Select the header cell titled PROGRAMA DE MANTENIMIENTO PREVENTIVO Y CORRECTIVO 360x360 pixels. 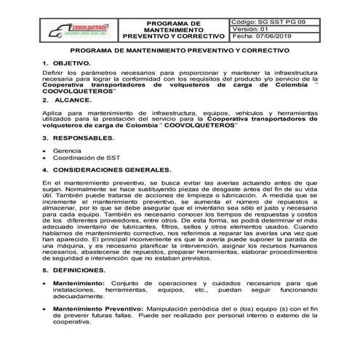[177, 30]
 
